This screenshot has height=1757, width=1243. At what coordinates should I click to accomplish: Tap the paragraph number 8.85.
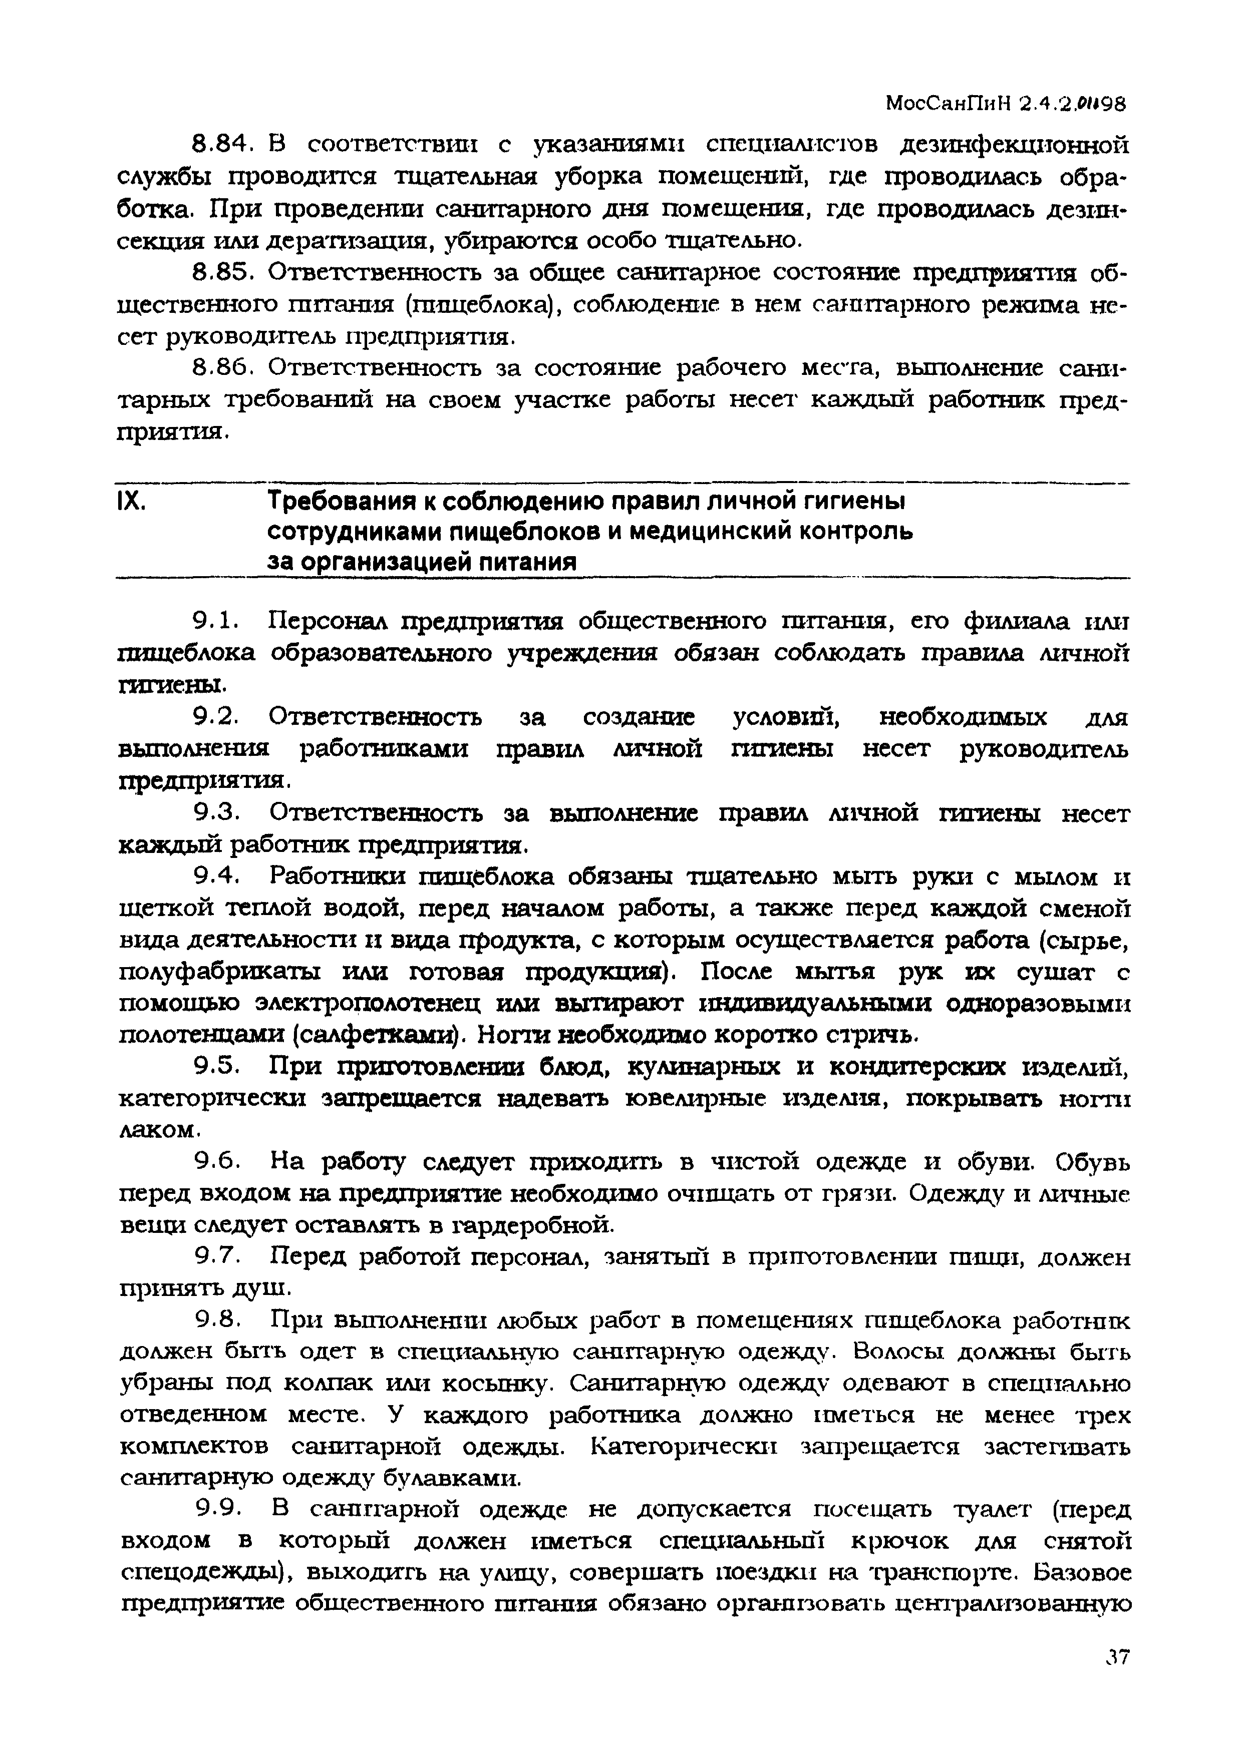tap(222, 272)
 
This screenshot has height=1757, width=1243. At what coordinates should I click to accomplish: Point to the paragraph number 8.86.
tap(222, 369)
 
